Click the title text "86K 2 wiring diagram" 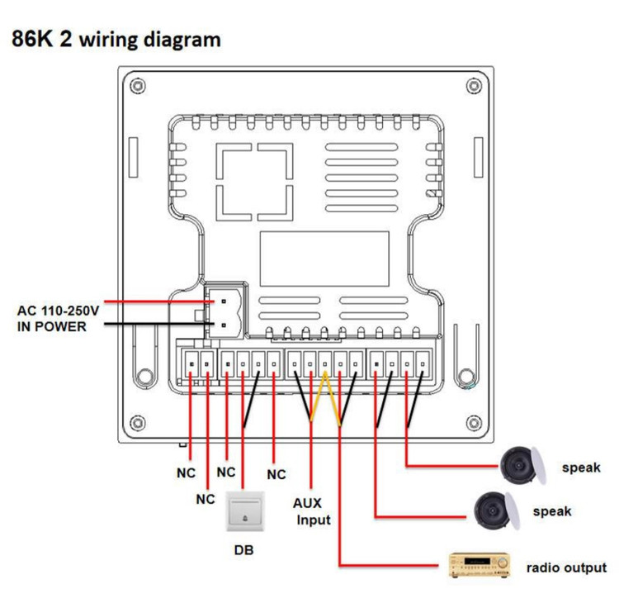(116, 39)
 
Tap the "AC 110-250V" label (58, 311)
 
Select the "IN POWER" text (51, 327)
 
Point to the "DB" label (244, 550)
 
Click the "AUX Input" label (311, 510)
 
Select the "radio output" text (566, 567)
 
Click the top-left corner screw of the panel (136, 86)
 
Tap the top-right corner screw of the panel (474, 86)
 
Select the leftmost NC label (186, 475)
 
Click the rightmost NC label (276, 474)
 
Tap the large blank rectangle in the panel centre (324, 258)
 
